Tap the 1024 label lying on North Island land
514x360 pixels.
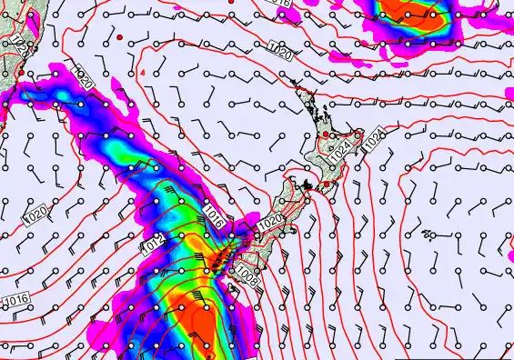[x=341, y=153]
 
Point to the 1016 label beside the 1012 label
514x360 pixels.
[x=214, y=215]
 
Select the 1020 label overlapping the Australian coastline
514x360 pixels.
[x=18, y=43]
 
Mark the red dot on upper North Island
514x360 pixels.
[x=324, y=135]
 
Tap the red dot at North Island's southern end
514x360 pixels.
[x=327, y=184]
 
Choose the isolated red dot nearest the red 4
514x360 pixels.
[x=119, y=36]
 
